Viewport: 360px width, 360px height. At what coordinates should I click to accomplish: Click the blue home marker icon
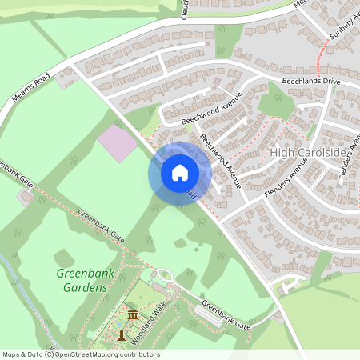tap(180, 172)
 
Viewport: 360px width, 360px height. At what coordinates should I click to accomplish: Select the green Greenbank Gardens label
tap(82, 279)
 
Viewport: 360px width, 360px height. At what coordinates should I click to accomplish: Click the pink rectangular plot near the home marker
tap(116, 143)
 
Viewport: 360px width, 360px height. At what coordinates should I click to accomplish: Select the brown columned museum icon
tap(132, 314)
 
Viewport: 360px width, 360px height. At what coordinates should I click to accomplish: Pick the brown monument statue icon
tap(122, 333)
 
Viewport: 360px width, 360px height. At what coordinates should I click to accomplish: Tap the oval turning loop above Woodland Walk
tap(164, 277)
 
